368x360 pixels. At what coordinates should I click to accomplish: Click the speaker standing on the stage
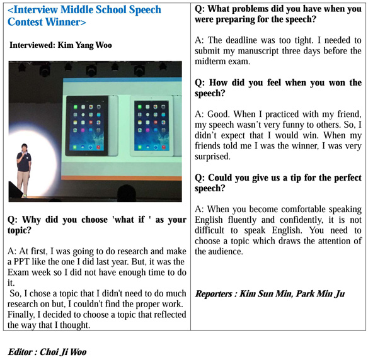(x=24, y=166)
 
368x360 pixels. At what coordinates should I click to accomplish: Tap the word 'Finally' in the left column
(x=21, y=314)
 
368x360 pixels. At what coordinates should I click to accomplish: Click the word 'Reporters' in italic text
(x=218, y=294)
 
